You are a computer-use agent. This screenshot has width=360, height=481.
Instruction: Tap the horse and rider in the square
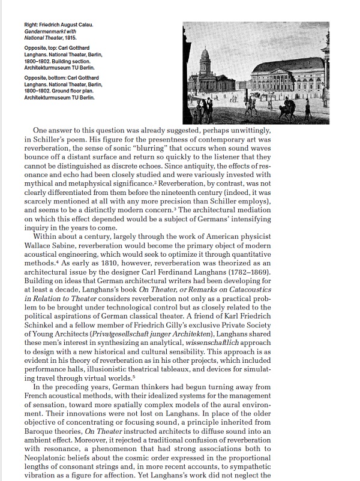pyautogui.click(x=287, y=109)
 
